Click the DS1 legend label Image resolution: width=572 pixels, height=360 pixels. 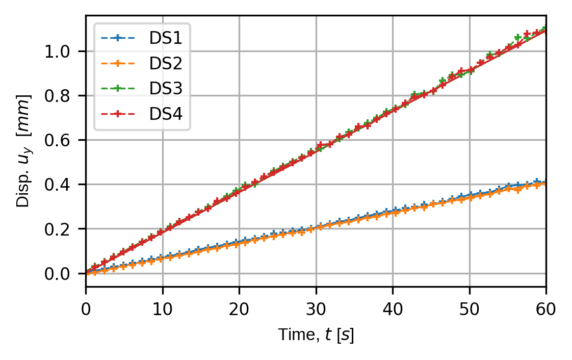166,38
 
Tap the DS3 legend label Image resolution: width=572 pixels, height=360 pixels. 166,88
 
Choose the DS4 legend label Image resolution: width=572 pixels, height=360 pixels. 166,113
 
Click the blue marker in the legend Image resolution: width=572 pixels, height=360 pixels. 118,38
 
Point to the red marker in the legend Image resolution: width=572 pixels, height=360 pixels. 118,113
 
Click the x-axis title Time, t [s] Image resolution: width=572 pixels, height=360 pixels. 316,335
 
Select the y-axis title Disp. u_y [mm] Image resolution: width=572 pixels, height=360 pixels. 23,151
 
